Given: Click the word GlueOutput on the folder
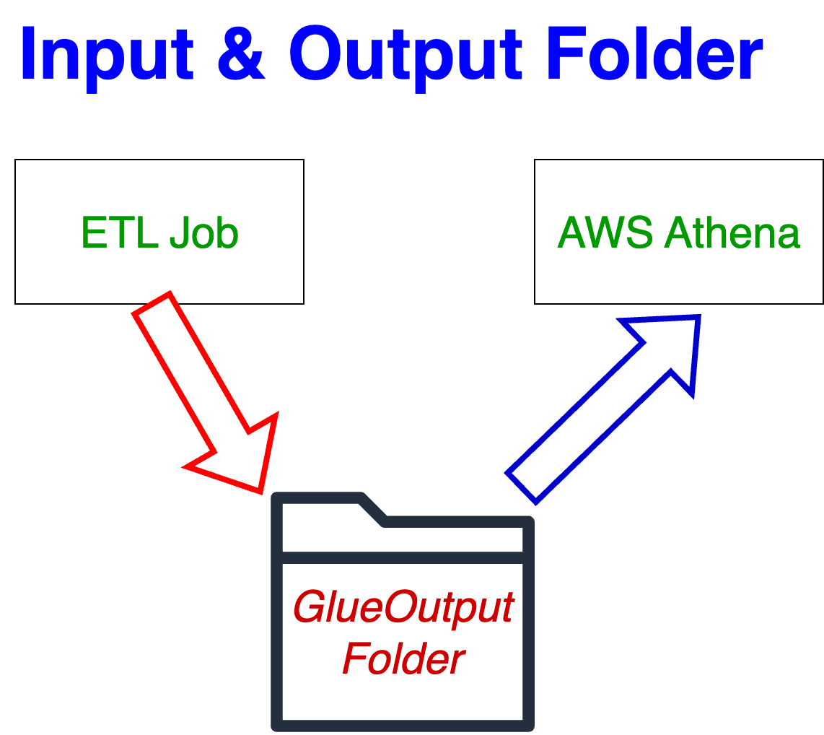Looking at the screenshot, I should [404, 608].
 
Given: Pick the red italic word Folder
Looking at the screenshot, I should [404, 658].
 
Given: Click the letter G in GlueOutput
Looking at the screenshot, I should [310, 608].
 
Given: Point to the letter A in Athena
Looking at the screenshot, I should [677, 233].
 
